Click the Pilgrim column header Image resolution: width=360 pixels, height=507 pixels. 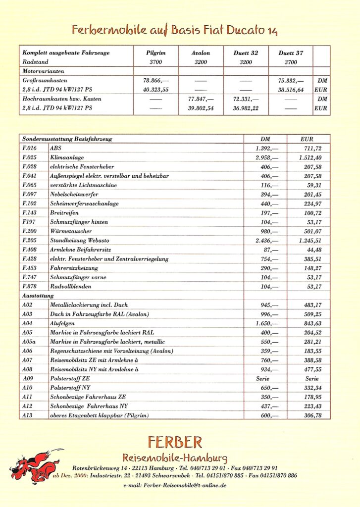154,53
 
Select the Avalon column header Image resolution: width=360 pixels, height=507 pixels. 201,53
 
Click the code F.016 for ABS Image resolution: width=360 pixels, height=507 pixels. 30,148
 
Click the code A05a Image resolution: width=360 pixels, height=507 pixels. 29,342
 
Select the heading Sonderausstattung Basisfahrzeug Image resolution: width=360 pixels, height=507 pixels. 67,139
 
